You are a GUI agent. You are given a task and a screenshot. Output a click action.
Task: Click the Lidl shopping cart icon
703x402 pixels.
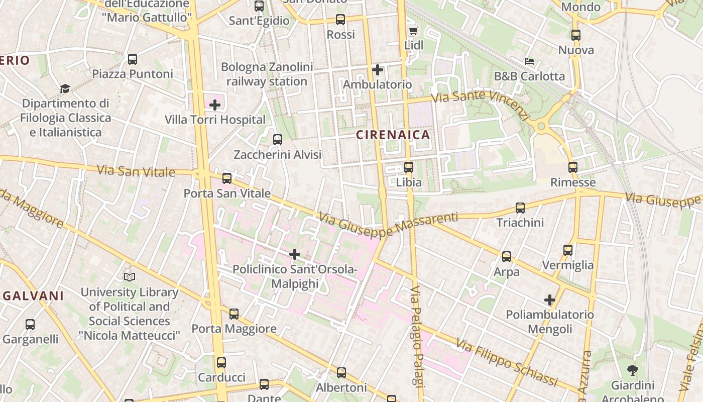(413, 31)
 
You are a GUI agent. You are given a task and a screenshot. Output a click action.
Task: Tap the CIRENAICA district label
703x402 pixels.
(393, 135)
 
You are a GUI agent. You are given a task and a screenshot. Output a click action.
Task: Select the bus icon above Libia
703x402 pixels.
(409, 167)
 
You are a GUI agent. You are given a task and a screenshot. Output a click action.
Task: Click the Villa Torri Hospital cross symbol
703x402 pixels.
(215, 105)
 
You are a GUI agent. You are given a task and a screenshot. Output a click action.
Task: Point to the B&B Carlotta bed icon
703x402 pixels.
(529, 62)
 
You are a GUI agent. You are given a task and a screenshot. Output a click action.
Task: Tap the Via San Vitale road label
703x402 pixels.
(136, 170)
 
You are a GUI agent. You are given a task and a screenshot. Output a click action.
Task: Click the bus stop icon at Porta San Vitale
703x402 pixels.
(227, 178)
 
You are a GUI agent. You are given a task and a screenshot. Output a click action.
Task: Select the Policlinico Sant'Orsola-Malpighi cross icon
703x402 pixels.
(295, 254)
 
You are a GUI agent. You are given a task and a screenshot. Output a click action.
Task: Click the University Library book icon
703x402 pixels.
(130, 277)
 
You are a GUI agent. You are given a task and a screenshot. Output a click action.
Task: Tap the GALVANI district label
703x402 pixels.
(33, 296)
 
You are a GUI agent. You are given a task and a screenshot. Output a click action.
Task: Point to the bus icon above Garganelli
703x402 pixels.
(30, 325)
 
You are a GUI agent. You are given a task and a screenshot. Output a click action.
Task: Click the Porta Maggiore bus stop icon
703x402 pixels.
(234, 314)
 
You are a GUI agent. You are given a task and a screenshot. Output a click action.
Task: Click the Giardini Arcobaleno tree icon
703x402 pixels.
(632, 371)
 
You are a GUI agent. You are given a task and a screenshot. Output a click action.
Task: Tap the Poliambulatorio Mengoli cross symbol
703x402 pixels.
(550, 300)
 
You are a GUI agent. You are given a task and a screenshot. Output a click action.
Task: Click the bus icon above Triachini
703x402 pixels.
(520, 208)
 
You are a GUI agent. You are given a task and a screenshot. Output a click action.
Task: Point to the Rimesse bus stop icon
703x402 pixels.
(573, 167)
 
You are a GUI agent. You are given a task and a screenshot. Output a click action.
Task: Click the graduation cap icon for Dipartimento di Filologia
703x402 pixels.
(65, 89)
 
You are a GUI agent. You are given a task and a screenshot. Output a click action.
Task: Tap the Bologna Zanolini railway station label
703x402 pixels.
(267, 74)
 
